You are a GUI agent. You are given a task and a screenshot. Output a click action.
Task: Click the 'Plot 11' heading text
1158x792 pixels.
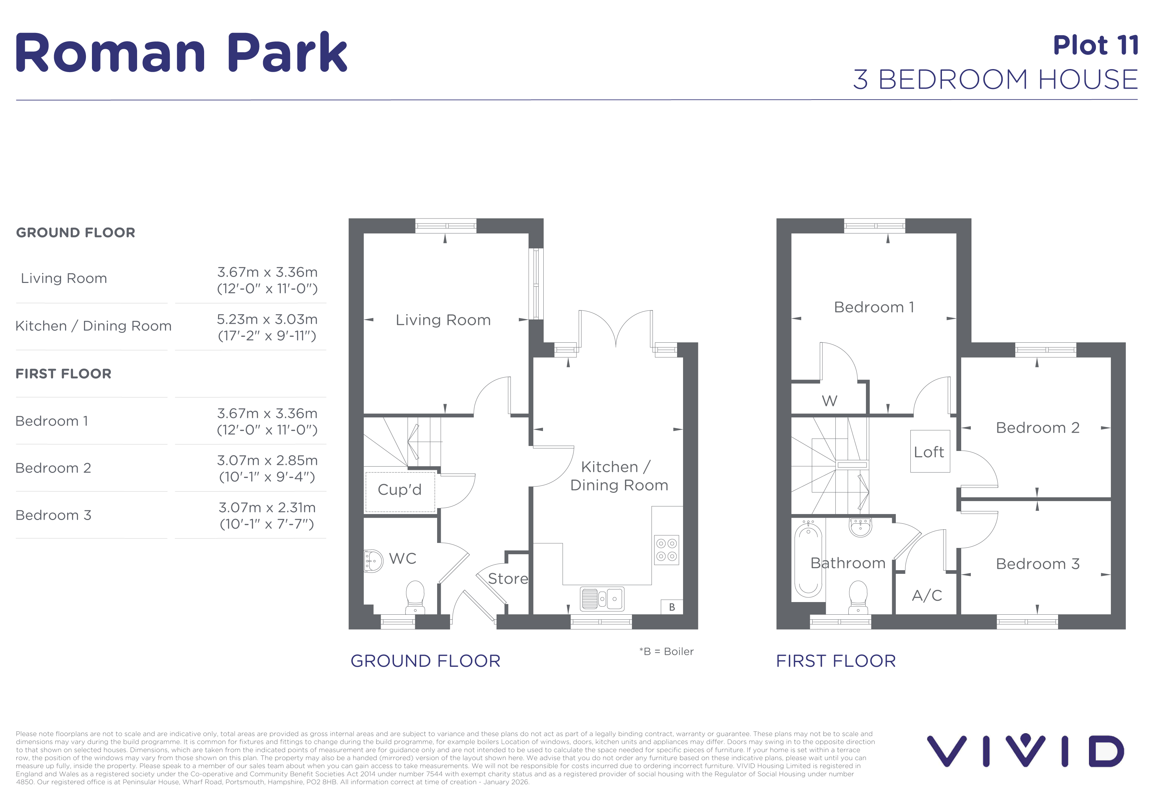coord(1095,45)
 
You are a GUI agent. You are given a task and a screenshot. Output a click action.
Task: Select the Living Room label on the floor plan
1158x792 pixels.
coord(443,320)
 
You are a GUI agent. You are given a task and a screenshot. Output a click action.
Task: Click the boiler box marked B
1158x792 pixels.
coord(672,607)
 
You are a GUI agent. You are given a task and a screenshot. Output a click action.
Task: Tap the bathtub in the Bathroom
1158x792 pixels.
coord(808,559)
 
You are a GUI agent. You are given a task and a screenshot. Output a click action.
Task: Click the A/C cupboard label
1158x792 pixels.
coord(927,595)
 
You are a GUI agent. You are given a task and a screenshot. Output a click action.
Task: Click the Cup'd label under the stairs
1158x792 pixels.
coord(400,489)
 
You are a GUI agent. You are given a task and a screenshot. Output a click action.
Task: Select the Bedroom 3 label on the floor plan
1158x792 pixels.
coord(1038,564)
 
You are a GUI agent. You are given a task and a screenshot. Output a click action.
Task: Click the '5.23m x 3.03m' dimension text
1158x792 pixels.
coord(267,319)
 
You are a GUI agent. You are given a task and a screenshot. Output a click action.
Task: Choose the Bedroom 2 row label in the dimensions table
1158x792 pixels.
coord(53,468)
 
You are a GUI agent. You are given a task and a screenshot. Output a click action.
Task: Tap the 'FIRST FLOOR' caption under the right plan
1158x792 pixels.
coord(836,661)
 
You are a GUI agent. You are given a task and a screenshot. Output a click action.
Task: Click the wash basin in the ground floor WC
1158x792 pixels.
coord(373,561)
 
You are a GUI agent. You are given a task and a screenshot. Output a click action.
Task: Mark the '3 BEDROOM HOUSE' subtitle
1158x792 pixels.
coord(996,79)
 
